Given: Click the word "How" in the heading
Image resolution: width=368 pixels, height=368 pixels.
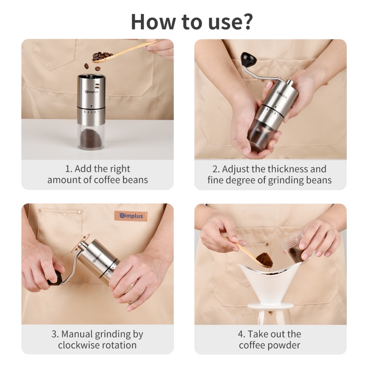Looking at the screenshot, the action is [x=153, y=22].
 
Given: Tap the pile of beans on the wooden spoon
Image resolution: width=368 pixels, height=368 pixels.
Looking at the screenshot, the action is [x=102, y=56].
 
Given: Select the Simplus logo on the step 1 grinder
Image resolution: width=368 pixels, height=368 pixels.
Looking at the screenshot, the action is [x=92, y=92].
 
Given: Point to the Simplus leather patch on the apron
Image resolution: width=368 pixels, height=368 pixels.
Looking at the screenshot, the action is [x=131, y=216].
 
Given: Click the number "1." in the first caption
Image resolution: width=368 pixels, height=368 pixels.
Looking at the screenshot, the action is [x=69, y=169].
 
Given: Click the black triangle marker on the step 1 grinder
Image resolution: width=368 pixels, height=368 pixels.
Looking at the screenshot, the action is [x=91, y=106].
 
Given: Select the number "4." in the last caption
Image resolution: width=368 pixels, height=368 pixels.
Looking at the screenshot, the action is [x=241, y=334].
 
